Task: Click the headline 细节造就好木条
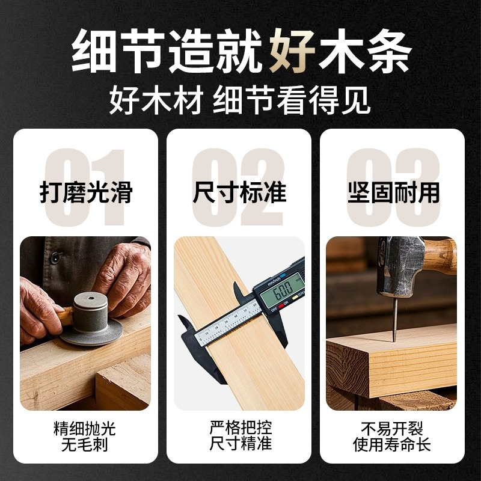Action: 240,53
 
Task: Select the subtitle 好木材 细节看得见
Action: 240,101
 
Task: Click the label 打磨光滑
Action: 86,193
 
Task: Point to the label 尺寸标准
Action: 240,193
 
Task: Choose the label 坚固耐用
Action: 394,193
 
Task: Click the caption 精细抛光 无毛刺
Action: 85,437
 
